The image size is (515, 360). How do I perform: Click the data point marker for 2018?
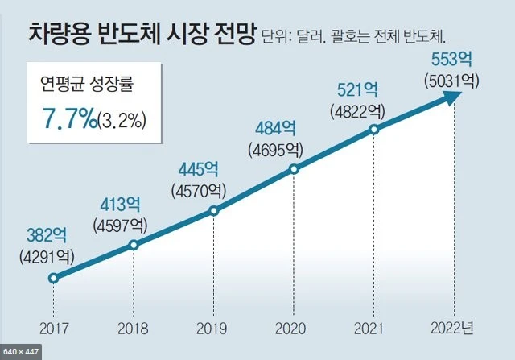[x=134, y=244]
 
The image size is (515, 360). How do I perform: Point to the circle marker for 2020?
[x=294, y=169]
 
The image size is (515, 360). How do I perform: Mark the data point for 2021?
[x=374, y=129]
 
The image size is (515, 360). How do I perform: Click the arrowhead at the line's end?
[x=453, y=96]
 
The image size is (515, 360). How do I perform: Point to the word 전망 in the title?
[x=234, y=33]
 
